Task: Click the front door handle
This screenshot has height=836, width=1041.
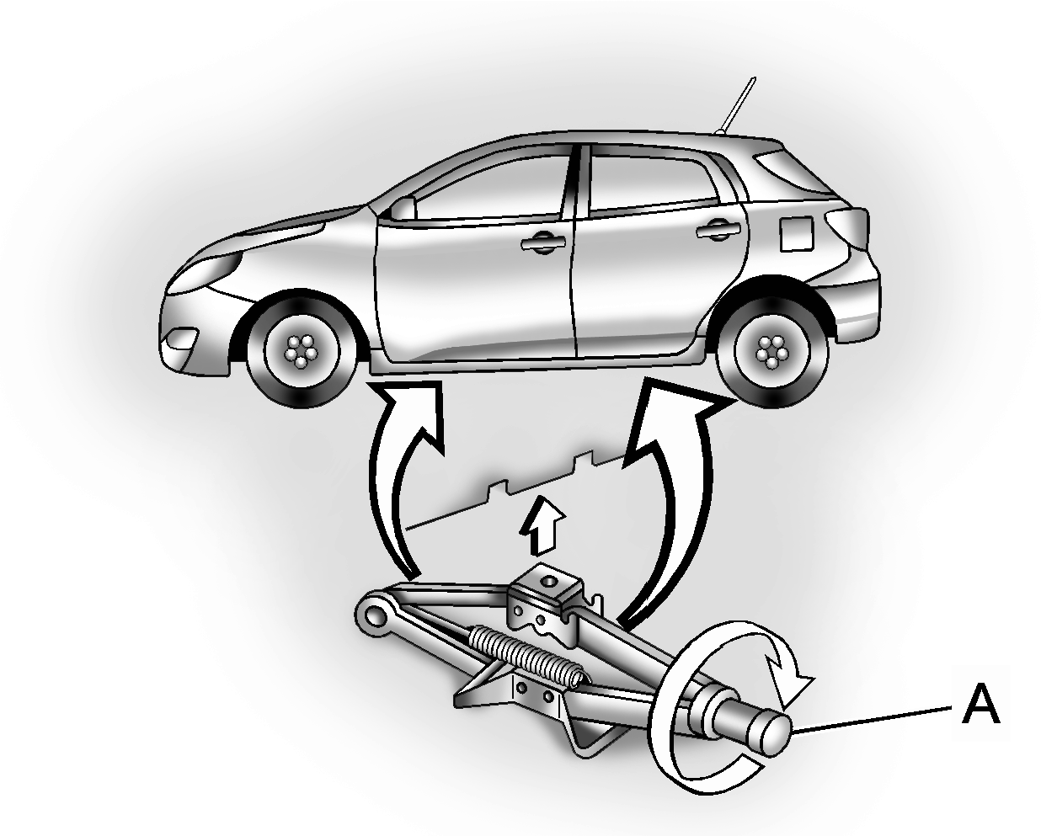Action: coord(543,242)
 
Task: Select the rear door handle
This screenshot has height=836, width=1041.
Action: coord(718,229)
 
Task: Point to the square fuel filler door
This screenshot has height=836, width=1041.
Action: coord(796,233)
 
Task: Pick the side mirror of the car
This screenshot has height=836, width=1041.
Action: coord(403,209)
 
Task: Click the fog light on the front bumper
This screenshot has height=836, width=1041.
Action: coord(181,338)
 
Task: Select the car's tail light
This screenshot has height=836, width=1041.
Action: coord(847,227)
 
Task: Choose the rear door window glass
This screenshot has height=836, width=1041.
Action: coord(653,184)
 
